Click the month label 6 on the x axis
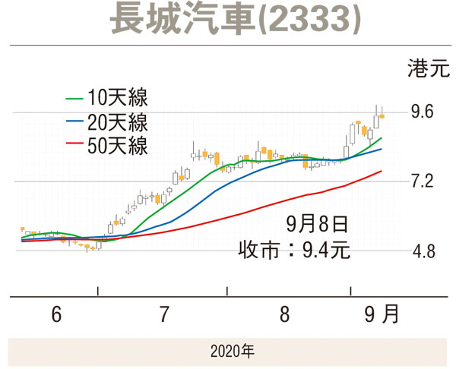[x=55, y=314]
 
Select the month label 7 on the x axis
[x=163, y=314]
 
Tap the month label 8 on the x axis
[x=284, y=314]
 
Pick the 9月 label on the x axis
[x=380, y=314]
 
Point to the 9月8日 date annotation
[x=318, y=224]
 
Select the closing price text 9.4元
[x=327, y=249]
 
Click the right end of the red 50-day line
[x=381, y=172]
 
